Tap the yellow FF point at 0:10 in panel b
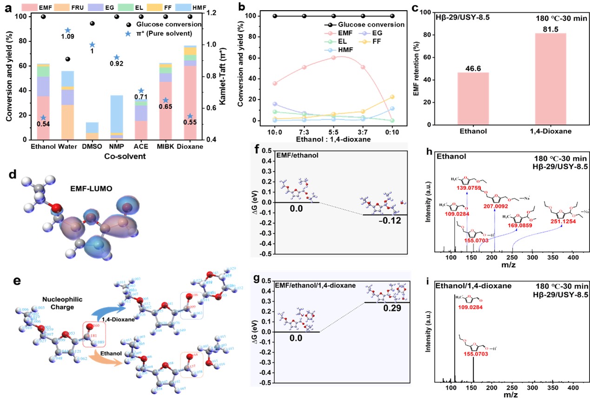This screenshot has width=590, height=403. (392, 97)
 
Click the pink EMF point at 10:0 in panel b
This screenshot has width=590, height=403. (275, 83)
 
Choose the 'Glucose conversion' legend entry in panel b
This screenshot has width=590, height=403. (364, 24)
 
